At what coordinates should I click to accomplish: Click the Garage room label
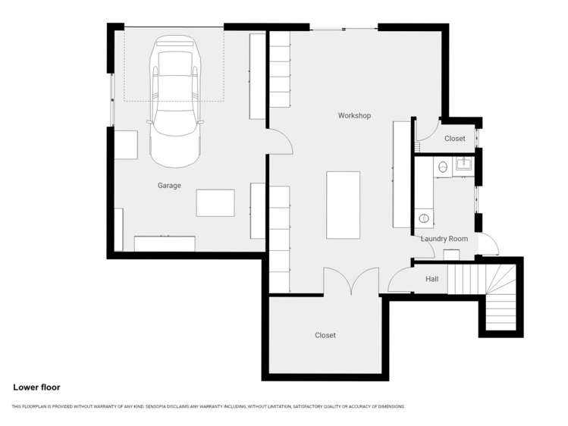point(169,185)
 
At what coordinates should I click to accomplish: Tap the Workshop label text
point(354,115)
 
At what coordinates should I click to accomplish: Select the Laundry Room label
point(444,239)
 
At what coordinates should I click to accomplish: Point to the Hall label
point(431,279)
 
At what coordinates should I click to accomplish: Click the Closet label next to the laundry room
point(455,139)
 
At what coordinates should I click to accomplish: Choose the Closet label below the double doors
point(325,335)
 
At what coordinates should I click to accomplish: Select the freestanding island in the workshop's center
point(343,205)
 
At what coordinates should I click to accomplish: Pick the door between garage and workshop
point(278,142)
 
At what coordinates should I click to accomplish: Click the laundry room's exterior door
point(489,245)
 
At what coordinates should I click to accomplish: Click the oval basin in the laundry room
point(424,218)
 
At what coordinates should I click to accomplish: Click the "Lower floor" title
point(36,387)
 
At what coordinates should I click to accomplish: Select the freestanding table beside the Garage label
point(215,203)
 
